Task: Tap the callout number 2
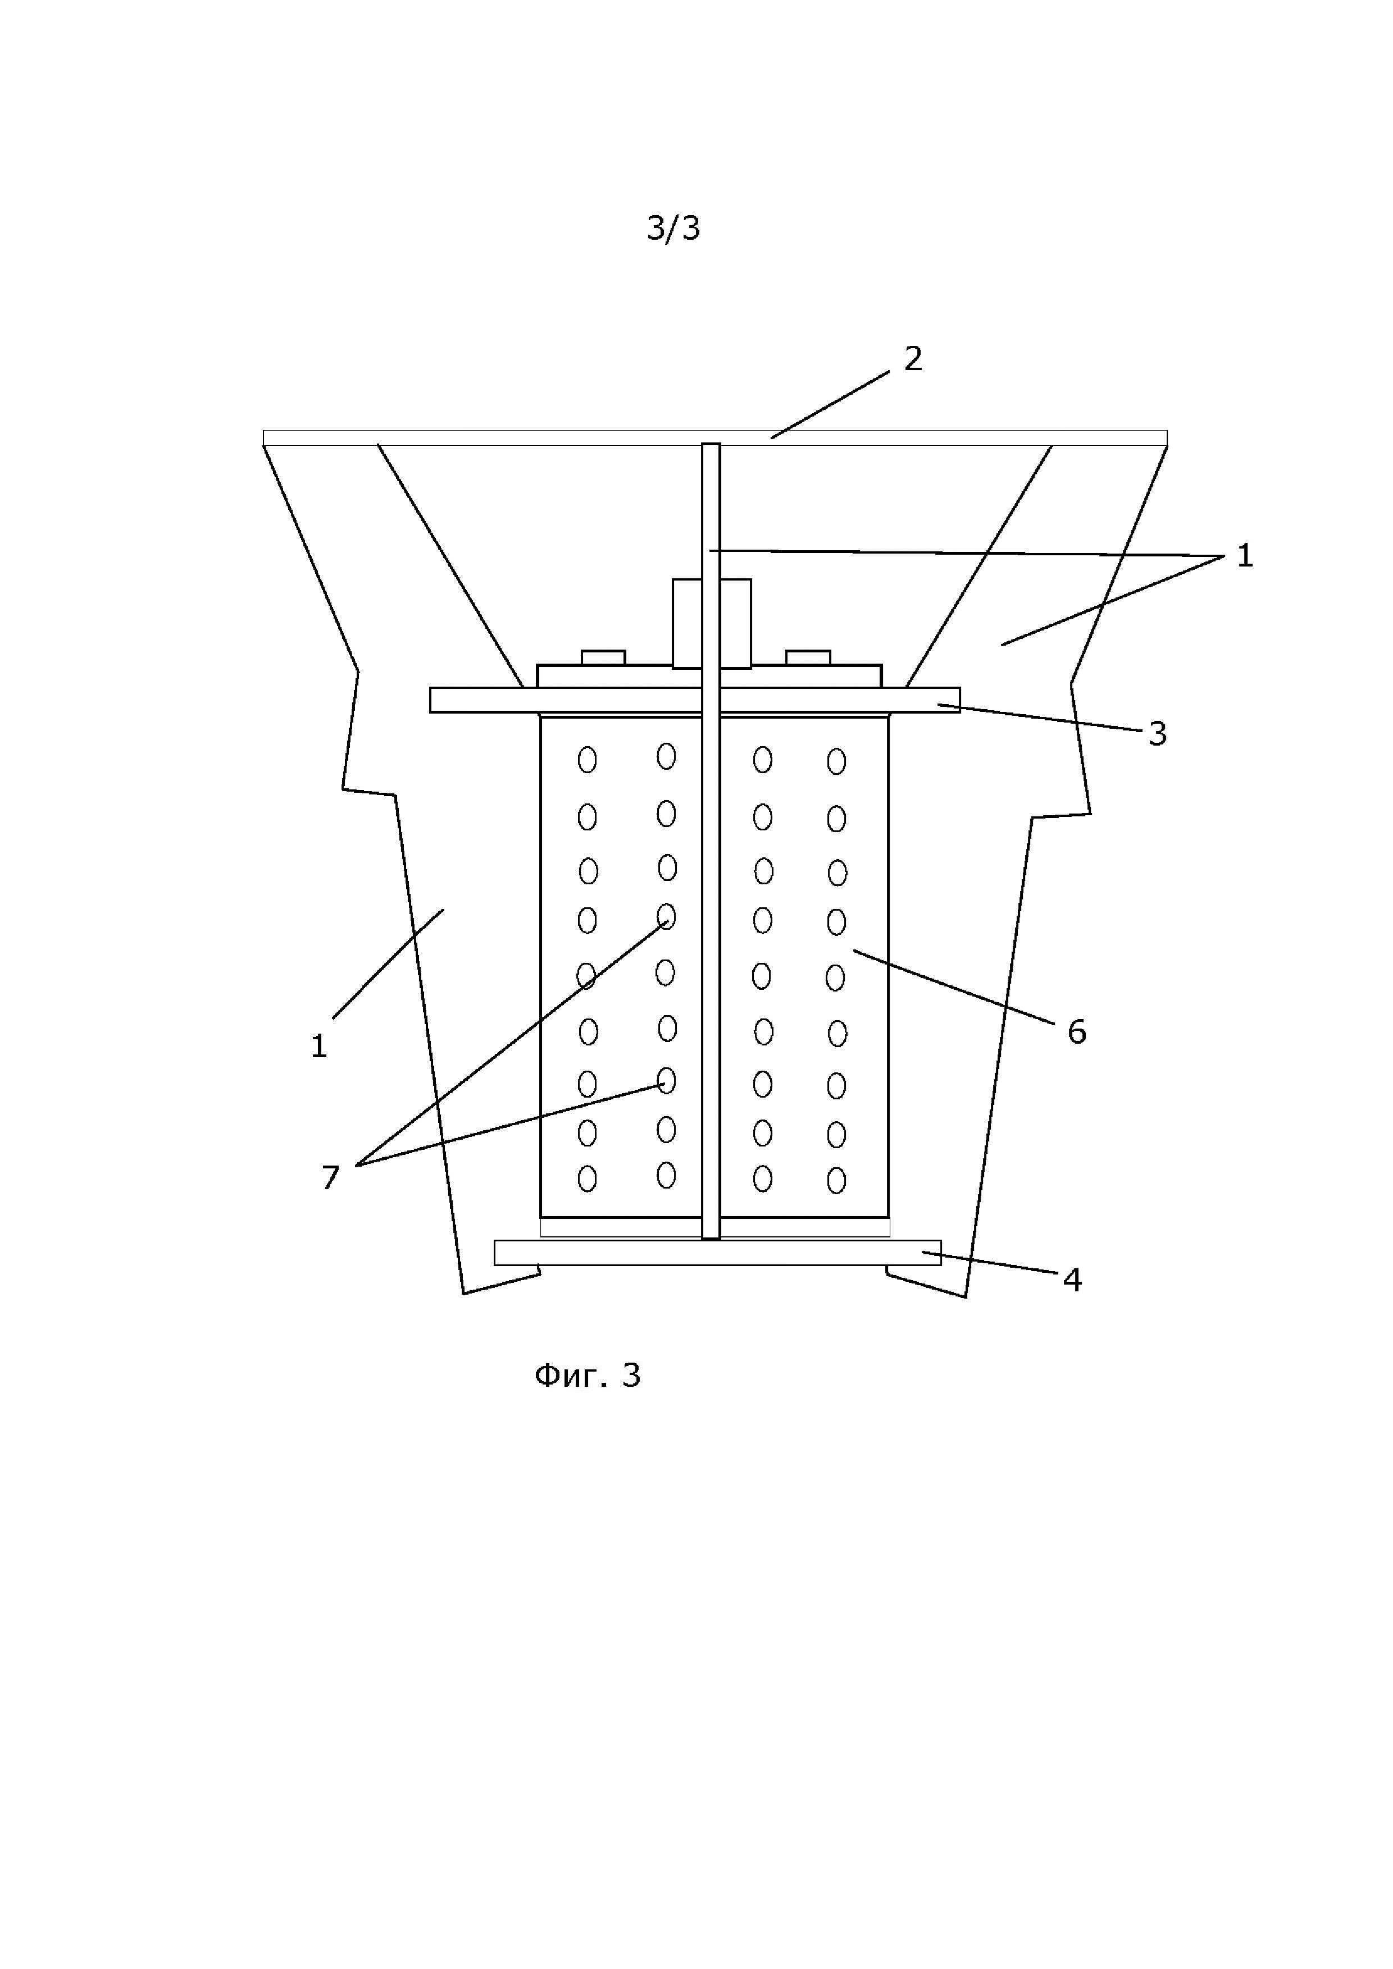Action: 913,358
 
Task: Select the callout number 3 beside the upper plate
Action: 1157,733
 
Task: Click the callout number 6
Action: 1077,1032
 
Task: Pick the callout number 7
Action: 330,1177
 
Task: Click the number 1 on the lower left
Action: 319,1046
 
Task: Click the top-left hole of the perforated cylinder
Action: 588,760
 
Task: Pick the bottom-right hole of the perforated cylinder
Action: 836,1180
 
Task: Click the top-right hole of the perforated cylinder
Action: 836,761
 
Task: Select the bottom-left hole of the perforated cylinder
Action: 588,1179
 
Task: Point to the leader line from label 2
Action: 830,405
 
